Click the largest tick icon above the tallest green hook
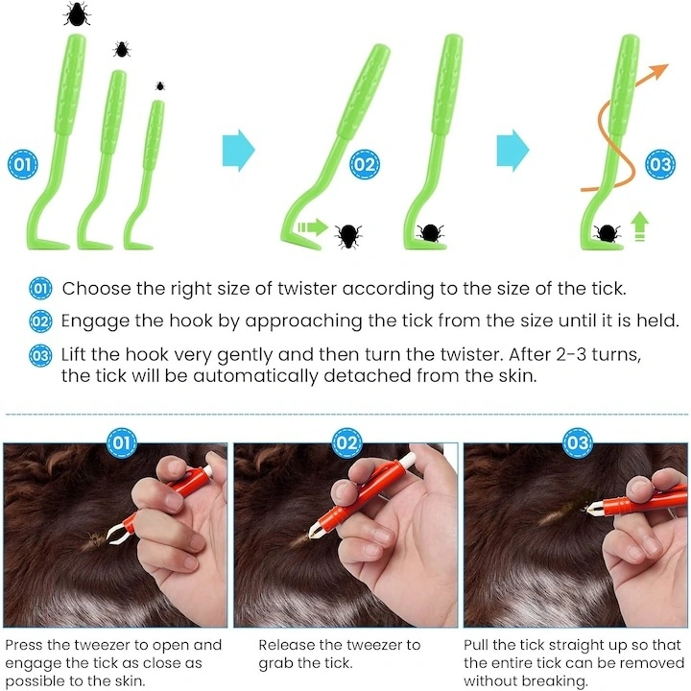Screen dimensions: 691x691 click(77, 13)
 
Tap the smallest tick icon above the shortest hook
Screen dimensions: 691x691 click(160, 85)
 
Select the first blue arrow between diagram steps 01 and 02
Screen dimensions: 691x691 click(238, 151)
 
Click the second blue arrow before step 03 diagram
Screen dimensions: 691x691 click(512, 151)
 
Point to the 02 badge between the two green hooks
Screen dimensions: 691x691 click(365, 164)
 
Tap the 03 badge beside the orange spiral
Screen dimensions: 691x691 click(660, 164)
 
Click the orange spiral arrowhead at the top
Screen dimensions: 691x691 click(658, 70)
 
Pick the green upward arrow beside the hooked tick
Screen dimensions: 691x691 click(640, 226)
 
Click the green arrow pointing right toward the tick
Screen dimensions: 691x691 click(313, 227)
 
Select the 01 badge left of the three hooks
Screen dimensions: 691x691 click(23, 164)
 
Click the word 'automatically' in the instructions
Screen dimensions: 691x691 click(255, 376)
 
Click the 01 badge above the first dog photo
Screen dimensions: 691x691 click(122, 442)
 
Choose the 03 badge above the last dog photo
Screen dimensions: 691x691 click(578, 442)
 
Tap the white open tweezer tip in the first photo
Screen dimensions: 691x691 click(115, 532)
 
